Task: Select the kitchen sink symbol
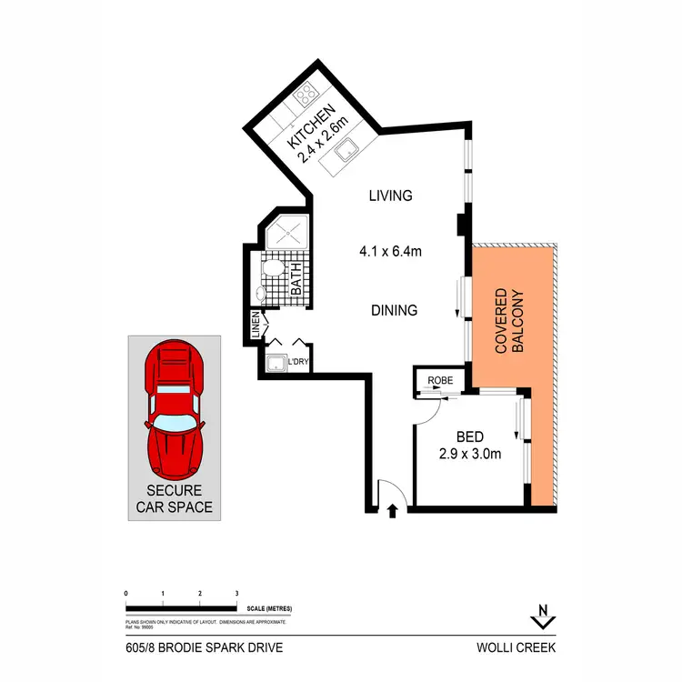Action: coord(347,155)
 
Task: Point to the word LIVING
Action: coord(390,196)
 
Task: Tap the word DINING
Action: coord(393,310)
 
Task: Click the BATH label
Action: coord(296,279)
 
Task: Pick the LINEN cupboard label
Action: coord(256,325)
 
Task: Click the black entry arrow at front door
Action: coord(393,511)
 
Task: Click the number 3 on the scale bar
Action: coord(236,593)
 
